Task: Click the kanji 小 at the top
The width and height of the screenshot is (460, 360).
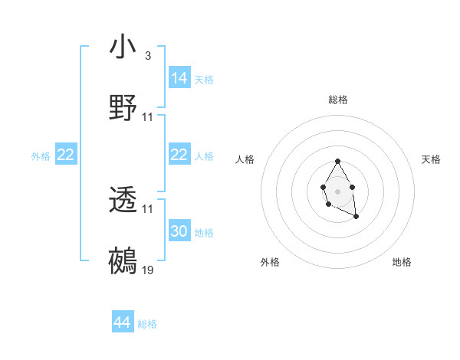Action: click(x=123, y=47)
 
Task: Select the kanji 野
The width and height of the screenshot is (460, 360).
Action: click(x=123, y=108)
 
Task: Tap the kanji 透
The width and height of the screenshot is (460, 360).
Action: click(x=123, y=201)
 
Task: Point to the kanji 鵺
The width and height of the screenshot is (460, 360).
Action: click(x=123, y=261)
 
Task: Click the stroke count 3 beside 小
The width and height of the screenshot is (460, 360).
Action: click(x=147, y=56)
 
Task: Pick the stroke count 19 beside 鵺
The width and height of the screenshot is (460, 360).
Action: click(x=148, y=270)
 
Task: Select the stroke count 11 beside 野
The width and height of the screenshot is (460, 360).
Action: click(x=148, y=116)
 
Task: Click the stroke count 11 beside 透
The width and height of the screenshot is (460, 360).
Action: click(x=148, y=208)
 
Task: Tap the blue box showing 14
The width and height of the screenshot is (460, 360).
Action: click(x=179, y=77)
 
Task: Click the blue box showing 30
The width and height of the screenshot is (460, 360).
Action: click(x=179, y=231)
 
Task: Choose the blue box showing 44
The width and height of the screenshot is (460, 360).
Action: click(x=122, y=322)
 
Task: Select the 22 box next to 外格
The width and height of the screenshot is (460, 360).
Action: click(x=66, y=155)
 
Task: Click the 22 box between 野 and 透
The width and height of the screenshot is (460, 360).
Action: click(x=179, y=155)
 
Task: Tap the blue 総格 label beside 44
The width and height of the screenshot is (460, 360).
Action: click(x=147, y=324)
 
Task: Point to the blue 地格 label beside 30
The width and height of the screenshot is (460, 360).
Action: click(x=204, y=232)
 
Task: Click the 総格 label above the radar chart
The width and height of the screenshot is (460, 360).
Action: click(x=338, y=100)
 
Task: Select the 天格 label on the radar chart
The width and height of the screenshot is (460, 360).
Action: click(x=431, y=159)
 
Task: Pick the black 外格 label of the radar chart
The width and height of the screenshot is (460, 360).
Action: click(x=270, y=262)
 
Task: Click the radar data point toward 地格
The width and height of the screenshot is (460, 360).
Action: click(x=356, y=218)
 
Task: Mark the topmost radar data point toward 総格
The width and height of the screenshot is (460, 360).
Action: click(x=337, y=161)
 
